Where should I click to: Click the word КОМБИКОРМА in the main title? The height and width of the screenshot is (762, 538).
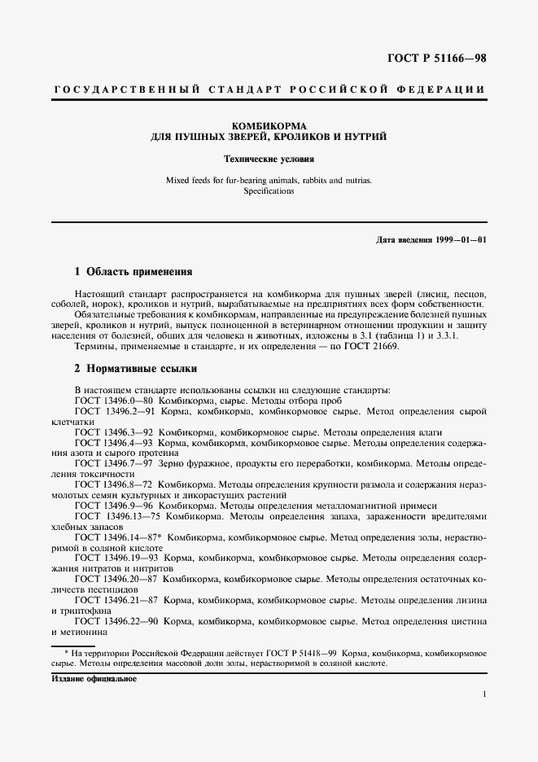click(x=269, y=125)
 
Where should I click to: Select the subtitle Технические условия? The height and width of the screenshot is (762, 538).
click(x=269, y=159)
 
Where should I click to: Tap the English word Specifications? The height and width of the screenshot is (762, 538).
click(x=269, y=191)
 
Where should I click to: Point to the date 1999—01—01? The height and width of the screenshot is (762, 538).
click(x=460, y=240)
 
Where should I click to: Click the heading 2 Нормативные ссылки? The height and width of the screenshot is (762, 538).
click(x=134, y=367)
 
